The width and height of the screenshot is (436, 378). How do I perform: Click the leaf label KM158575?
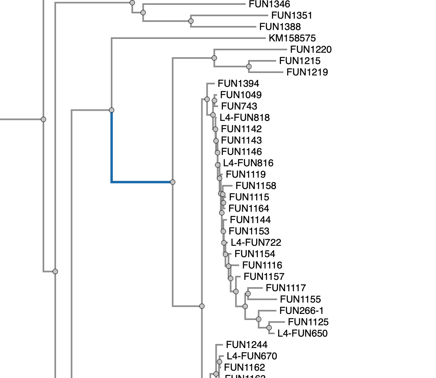pos(292,39)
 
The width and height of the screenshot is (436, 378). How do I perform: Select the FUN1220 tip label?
pos(311,49)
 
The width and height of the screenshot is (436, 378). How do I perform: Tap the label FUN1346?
pos(269,4)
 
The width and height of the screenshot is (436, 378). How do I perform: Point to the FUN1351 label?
pos(291,15)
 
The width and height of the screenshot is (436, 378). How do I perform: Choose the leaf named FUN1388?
pos(280,27)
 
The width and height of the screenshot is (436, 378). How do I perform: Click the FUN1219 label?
pos(307,72)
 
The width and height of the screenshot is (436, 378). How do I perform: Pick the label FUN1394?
pos(238,84)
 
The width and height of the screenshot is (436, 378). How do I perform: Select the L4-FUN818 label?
pos(244,118)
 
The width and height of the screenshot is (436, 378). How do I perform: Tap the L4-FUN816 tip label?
pos(248,163)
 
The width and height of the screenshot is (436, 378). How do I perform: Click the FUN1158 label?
pos(256,186)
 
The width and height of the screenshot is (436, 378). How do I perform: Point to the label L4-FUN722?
pos(256,243)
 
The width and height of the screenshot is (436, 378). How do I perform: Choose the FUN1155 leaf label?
pos(300,299)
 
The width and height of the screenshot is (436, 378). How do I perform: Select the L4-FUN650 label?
pos(302,333)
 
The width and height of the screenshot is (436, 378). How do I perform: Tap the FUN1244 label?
pos(246,345)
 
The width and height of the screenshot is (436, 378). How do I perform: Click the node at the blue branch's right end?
pos(173,182)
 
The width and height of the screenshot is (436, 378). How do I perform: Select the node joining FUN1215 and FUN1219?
pos(249,67)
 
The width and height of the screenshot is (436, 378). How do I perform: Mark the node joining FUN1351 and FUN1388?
pos(191,21)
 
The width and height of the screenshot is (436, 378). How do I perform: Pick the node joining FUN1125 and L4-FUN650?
pos(269,328)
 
